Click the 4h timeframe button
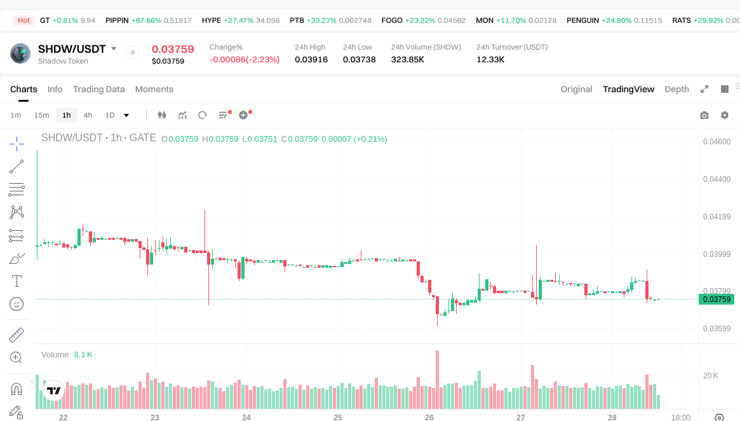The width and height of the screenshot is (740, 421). click(x=88, y=115)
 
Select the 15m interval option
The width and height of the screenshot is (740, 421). click(x=41, y=115)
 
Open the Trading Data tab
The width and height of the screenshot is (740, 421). click(x=98, y=89)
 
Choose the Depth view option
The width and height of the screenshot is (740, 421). click(x=676, y=89)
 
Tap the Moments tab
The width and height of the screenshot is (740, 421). click(x=154, y=89)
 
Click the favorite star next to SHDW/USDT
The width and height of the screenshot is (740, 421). click(x=133, y=52)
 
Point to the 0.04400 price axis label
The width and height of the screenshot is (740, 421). click(x=716, y=179)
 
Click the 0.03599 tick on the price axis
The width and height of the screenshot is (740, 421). click(x=716, y=329)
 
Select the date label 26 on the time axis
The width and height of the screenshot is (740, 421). click(x=429, y=417)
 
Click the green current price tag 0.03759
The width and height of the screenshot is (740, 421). click(x=716, y=300)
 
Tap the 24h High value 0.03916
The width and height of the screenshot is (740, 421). click(x=311, y=60)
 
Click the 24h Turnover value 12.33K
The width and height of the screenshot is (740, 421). click(x=490, y=60)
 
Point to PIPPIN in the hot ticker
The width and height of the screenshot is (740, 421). click(x=117, y=20)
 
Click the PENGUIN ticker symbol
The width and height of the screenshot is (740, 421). click(x=582, y=20)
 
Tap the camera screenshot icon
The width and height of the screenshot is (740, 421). click(x=704, y=115)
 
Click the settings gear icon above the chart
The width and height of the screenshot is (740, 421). click(x=724, y=115)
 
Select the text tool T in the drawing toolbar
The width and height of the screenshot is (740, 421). click(x=17, y=280)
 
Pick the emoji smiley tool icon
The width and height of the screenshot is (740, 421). click(x=17, y=304)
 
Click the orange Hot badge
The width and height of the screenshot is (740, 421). click(x=24, y=20)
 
